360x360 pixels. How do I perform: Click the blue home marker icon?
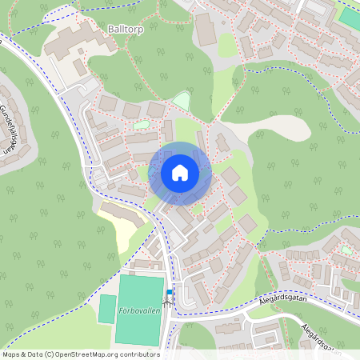tap(180, 173)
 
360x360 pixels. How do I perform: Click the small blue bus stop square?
tap(169, 292)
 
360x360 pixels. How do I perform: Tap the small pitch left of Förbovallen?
tap(107, 309)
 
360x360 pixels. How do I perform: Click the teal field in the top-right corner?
tap(349, 16)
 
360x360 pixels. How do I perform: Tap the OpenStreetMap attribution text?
tap(80, 354)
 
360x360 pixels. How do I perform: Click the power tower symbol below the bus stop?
tap(169, 302)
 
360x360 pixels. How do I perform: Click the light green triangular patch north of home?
tap(182, 102)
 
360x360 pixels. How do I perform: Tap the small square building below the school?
tap(80, 67)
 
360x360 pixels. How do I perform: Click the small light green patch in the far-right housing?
tap(346, 250)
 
